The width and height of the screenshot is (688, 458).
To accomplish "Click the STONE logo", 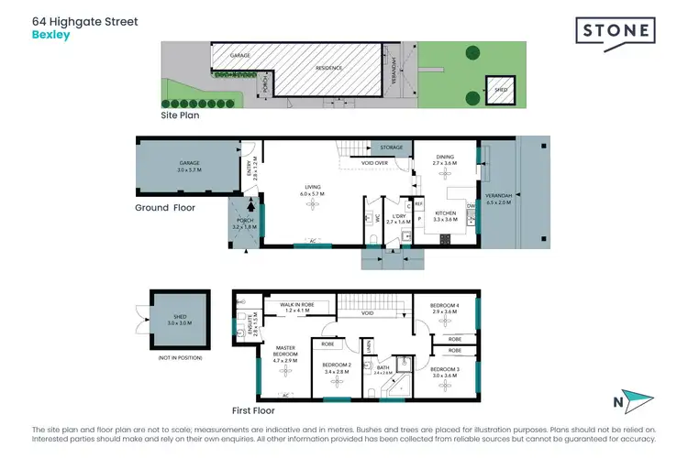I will pos(615,32).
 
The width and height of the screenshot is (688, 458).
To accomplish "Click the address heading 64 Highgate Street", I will pos(84,20).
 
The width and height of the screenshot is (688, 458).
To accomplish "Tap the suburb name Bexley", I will pos(50,35).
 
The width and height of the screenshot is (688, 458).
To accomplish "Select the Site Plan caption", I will pos(180,116).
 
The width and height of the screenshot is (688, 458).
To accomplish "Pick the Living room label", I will pos(313,191).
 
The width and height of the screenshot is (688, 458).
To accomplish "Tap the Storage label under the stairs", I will pos(391,147).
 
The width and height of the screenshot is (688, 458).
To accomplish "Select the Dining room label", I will pos(443,158).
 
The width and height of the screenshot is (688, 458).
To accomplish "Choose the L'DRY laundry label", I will pos(397,218).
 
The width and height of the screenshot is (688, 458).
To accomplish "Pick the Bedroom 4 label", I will pos(444,308).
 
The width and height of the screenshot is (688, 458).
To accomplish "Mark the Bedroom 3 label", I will pos(444,371).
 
